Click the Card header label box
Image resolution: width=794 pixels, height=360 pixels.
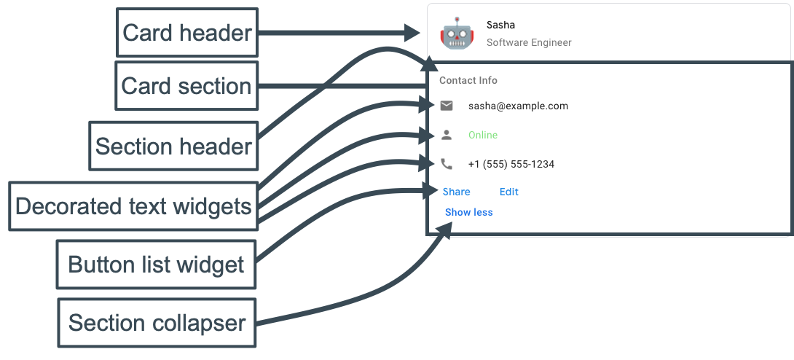187,33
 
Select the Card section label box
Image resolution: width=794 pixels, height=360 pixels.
186,86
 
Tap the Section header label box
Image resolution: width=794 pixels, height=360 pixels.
173,146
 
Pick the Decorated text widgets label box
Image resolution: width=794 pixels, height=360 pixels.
133,206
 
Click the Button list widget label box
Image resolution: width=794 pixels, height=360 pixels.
156,265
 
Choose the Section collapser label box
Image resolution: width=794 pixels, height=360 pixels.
157,323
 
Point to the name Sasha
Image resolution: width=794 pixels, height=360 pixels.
500,26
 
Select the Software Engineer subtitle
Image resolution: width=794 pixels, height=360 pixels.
529,43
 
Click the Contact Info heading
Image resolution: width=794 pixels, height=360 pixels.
468,81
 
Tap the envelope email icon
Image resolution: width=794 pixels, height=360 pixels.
447,106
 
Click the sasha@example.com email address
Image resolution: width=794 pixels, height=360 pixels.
518,106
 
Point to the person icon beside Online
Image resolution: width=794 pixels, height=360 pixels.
447,135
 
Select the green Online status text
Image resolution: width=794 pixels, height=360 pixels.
483,135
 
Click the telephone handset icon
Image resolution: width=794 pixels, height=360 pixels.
447,164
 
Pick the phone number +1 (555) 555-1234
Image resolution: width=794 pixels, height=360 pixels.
511,164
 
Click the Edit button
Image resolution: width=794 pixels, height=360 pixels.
509,192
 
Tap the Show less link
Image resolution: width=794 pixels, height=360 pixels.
469,212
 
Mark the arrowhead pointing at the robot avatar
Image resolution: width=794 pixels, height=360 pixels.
411,33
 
